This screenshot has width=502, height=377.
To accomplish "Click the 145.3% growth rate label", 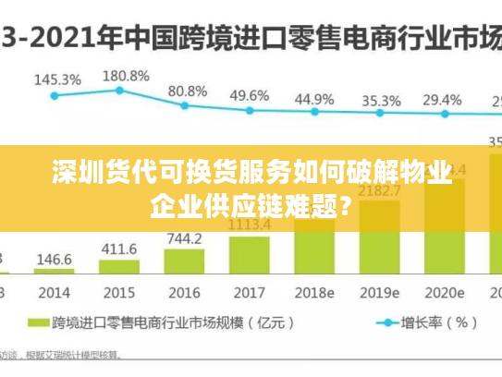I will (56, 79).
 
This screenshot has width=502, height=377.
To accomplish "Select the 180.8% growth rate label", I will (125, 75).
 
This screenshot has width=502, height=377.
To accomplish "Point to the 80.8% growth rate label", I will (188, 91).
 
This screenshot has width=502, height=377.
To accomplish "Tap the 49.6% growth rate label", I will (250, 95).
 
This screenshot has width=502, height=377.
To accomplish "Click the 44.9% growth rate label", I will (314, 98).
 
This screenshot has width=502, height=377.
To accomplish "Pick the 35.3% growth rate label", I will (381, 100).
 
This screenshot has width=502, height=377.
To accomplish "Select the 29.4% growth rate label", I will (442, 99).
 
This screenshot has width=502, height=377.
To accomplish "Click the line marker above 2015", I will (119, 90).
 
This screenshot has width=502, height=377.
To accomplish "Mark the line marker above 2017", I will (250, 110).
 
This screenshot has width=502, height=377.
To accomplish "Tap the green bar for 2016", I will (184, 261).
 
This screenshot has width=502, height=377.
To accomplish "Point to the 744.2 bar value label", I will (184, 238).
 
